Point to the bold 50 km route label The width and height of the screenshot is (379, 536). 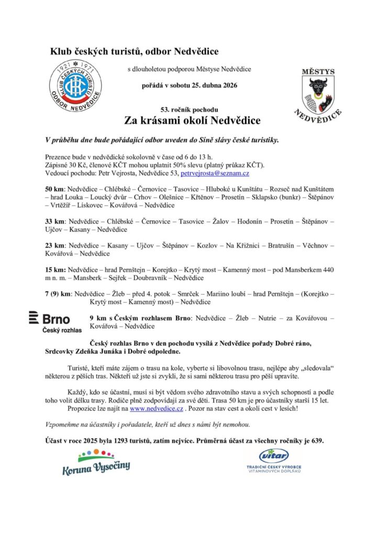click(54, 188)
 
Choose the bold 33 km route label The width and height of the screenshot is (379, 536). click(54, 221)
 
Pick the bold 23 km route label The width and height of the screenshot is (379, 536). click(54, 245)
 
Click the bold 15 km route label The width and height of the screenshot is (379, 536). click(54, 270)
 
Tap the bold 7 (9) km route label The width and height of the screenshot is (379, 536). click(59, 294)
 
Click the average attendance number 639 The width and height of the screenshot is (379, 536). click(317, 441)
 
